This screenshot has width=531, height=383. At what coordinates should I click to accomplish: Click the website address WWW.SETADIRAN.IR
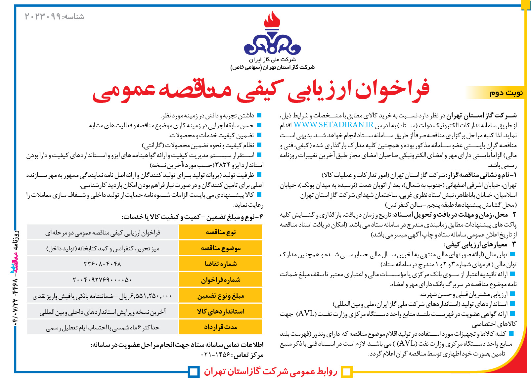(333, 125)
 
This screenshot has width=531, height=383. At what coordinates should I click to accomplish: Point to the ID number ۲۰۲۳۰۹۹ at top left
(43, 17)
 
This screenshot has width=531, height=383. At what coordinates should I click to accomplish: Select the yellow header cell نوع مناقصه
(220, 232)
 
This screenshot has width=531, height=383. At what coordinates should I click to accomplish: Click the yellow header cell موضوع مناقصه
(220, 248)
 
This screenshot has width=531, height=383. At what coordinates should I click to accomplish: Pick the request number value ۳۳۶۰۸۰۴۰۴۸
(102, 264)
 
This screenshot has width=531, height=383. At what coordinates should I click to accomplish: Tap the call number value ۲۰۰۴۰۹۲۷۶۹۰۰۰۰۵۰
(102, 280)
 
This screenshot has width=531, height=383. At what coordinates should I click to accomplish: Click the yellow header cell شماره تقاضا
(220, 264)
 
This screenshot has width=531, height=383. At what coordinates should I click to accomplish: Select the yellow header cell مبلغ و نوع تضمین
(220, 296)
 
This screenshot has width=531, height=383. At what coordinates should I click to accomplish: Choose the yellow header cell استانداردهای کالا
(220, 311)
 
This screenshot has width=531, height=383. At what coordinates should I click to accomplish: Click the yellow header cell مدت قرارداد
(220, 327)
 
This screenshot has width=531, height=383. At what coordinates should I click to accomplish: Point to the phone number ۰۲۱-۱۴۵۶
(215, 355)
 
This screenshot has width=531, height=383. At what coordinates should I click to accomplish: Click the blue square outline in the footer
(194, 371)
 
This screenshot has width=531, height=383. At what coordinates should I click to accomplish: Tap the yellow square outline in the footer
(346, 371)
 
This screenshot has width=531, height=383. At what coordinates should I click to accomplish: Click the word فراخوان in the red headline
(392, 90)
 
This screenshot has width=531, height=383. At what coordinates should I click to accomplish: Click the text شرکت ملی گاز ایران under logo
(272, 60)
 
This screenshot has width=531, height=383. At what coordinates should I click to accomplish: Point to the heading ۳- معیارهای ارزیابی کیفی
(480, 245)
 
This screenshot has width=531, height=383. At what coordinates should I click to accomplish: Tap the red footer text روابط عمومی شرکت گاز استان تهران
(270, 371)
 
